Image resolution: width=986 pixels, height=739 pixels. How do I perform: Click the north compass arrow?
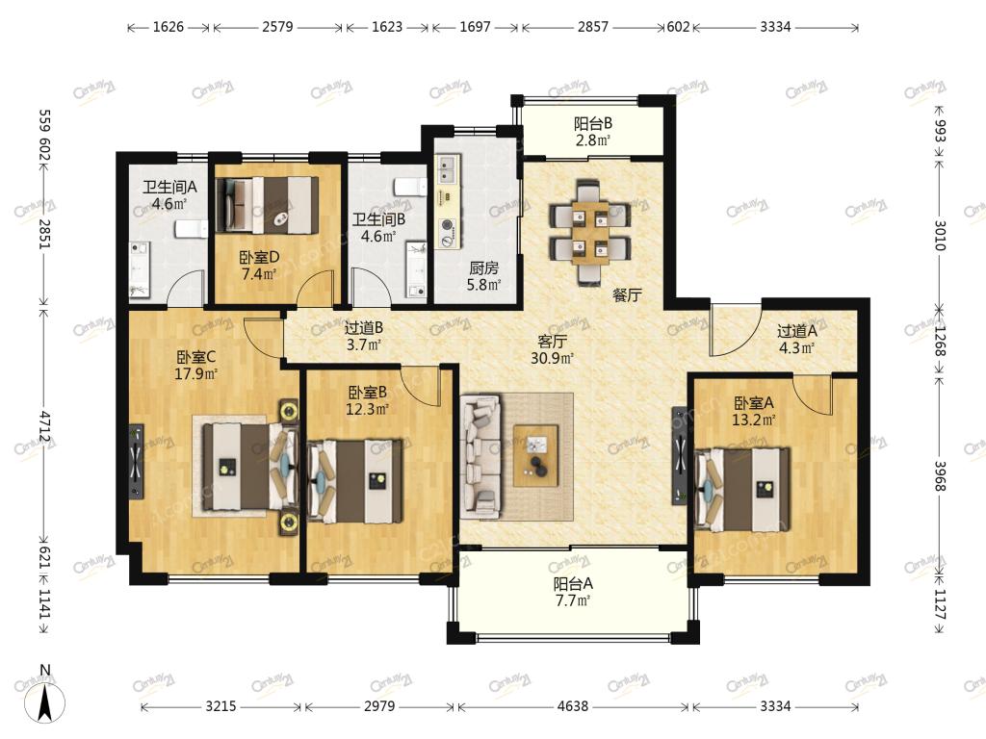pyautogui.click(x=45, y=703)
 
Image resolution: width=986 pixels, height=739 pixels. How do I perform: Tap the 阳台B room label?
pyautogui.click(x=592, y=124)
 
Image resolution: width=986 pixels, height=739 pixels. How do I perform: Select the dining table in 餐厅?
pyautogui.click(x=590, y=232)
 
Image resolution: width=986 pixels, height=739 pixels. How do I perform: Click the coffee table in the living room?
pyautogui.click(x=535, y=455)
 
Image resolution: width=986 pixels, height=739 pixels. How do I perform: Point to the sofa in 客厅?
pyautogui.click(x=480, y=457)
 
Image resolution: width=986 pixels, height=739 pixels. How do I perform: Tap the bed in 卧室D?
pyautogui.click(x=268, y=205)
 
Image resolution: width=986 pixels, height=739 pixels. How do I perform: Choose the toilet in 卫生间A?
pyautogui.click(x=191, y=229)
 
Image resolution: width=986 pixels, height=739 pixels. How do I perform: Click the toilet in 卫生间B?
pyautogui.click(x=410, y=187)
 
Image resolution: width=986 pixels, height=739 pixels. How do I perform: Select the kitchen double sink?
pyautogui.click(x=449, y=169)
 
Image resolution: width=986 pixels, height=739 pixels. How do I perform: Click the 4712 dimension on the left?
pyautogui.click(x=44, y=426)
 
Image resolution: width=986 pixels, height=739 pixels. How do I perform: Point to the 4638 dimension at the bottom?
pyautogui.click(x=573, y=706)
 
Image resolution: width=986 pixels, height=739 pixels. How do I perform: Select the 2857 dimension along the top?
pyautogui.click(x=592, y=26)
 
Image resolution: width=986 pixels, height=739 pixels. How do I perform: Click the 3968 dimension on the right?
pyautogui.click(x=940, y=475)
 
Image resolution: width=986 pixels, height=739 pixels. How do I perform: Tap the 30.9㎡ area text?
pyautogui.click(x=552, y=358)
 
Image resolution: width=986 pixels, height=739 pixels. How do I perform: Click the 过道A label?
pyautogui.click(x=796, y=331)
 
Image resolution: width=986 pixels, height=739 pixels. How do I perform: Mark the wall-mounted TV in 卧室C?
pyautogui.click(x=136, y=462)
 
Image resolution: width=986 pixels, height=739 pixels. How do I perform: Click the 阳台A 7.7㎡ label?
pyautogui.click(x=573, y=592)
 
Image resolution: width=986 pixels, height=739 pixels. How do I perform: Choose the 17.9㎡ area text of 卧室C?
pyautogui.click(x=195, y=374)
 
